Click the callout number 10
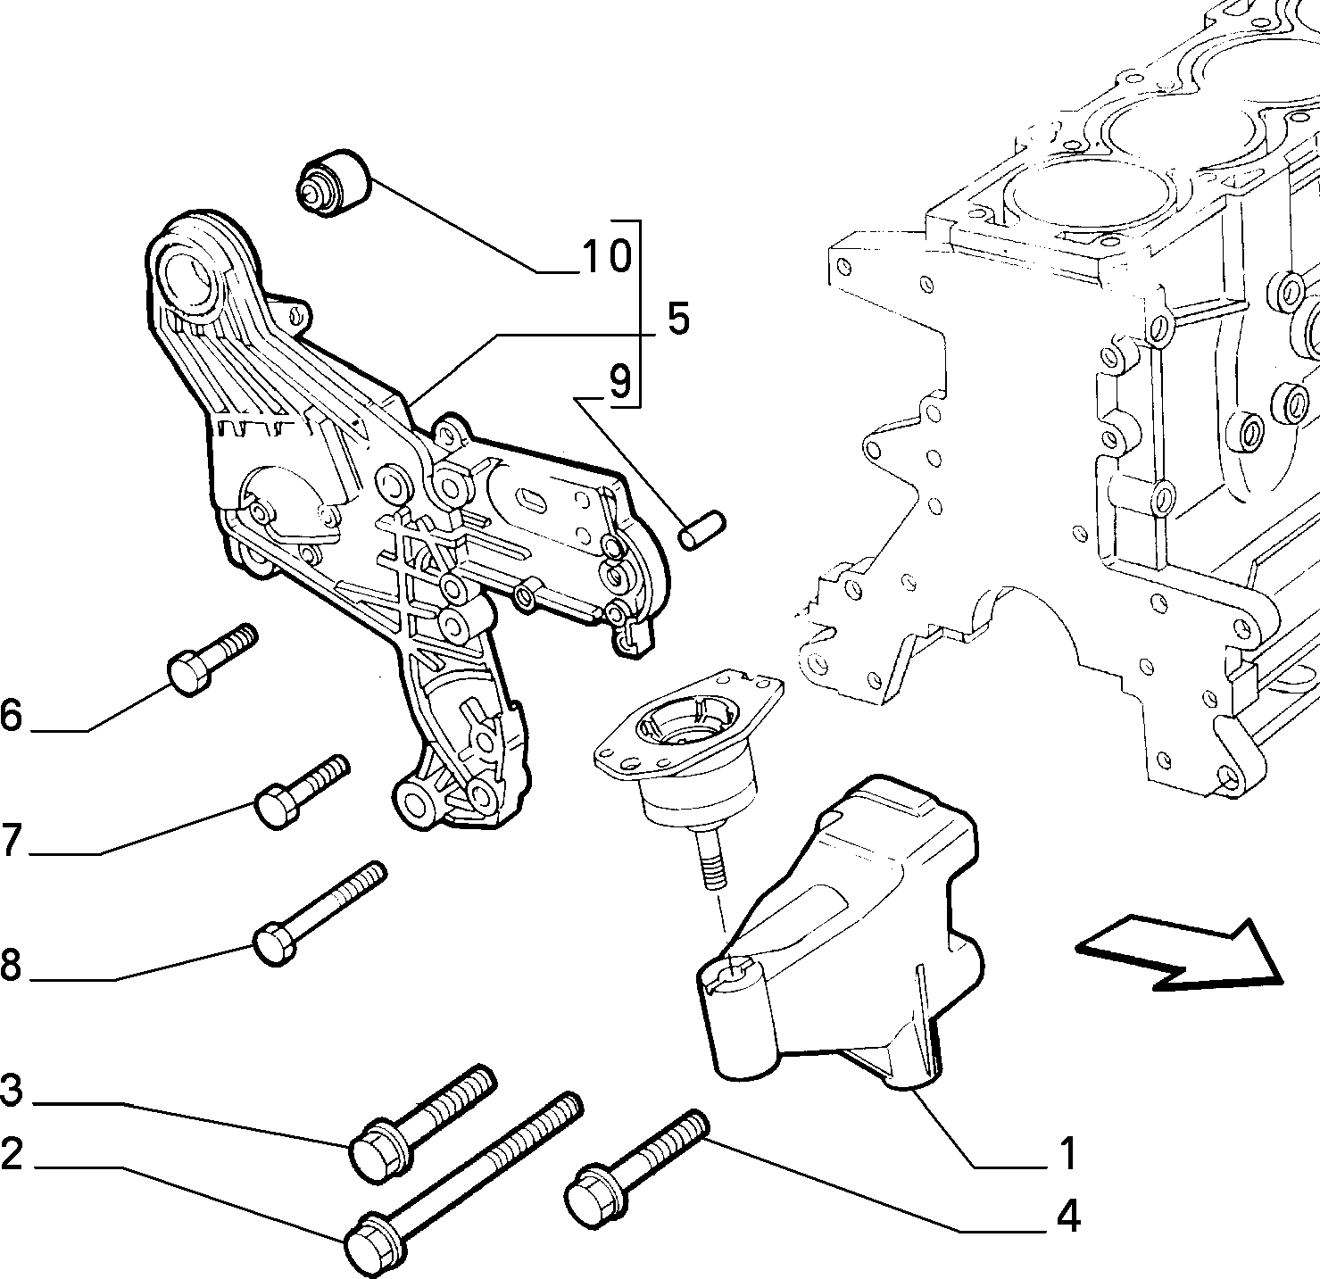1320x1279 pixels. pos(606,256)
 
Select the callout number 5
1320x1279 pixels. pos(677,319)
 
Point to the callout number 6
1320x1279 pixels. pos(11,715)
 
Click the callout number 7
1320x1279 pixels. pos(11,839)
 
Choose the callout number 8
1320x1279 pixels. pos(11,965)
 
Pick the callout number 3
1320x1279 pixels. pos(11,1091)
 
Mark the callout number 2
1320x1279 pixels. pos(11,1154)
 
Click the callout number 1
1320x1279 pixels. pos(1068,1153)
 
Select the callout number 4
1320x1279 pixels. pos(1067,1216)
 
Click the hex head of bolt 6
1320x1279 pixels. pos(191,672)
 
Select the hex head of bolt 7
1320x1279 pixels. pos(277,807)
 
